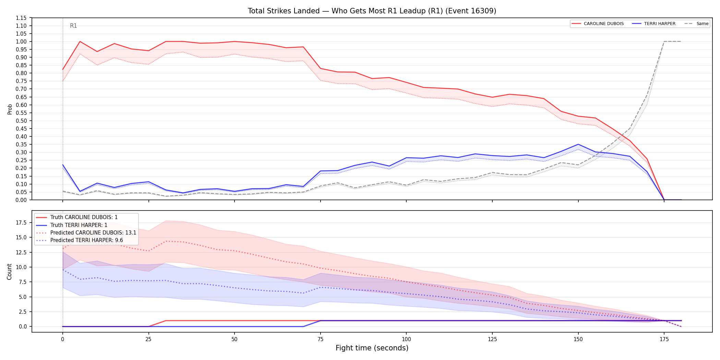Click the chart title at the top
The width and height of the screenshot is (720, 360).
pos(372,11)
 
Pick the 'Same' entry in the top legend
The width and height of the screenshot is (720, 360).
pos(696,24)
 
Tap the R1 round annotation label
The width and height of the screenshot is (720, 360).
pos(73,26)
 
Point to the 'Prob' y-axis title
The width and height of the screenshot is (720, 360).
pos(10,109)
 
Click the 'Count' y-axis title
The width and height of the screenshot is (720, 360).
pos(9,272)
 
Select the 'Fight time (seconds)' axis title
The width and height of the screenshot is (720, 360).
pos(372,348)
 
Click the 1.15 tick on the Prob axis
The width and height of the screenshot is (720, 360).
pos(21,18)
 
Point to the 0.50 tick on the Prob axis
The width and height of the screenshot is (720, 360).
pos(21,121)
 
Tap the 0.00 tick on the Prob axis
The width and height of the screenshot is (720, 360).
pos(21,200)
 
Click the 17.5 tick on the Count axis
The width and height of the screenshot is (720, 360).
pos(21,223)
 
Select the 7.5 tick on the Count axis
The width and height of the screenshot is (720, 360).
pos(23,282)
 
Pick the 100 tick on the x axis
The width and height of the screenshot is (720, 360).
pos(406,339)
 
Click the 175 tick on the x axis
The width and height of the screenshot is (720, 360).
pos(664,339)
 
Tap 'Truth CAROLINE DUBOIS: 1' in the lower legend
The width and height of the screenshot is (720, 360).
pos(84,217)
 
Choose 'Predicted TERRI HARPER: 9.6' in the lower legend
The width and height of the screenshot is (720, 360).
pos(87,240)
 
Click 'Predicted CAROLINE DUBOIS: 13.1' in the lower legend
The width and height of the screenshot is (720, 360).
pos(93,233)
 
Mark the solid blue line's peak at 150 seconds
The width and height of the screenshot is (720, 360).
pos(578,144)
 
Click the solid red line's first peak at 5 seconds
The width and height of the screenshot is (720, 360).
pos(80,41)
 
